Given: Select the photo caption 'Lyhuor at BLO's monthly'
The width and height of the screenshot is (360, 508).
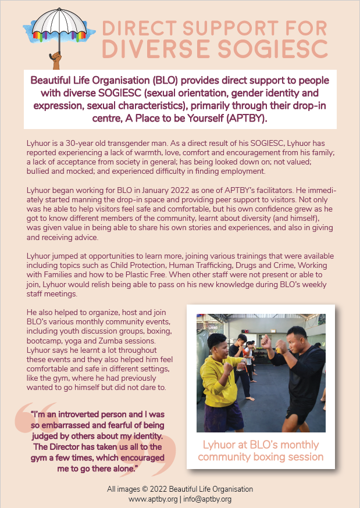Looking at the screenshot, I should pyautogui.click(x=261, y=445).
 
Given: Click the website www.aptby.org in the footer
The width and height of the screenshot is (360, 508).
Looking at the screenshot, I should pyautogui.click(x=153, y=499).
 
